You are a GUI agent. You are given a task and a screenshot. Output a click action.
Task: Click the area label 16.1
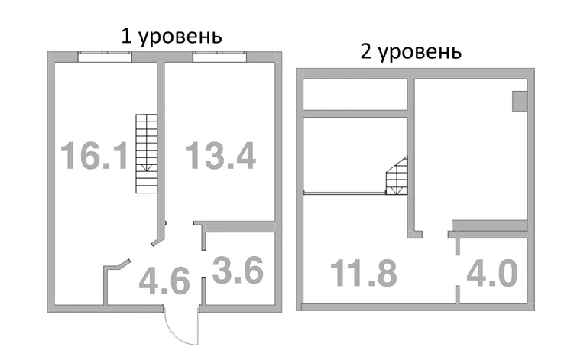[94, 155]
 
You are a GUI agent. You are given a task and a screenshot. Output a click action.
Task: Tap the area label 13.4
[221, 155]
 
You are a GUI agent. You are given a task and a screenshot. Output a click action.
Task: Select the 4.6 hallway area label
[164, 281]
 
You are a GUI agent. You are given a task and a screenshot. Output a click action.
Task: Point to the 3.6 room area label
[238, 270]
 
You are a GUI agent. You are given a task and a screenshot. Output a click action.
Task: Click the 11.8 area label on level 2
[364, 273]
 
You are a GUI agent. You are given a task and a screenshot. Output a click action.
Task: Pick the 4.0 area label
[492, 273]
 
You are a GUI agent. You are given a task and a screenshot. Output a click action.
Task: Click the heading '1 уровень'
[171, 37]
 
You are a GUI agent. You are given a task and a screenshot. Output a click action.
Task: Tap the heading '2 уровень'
[410, 52]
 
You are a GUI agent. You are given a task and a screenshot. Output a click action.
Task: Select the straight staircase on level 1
[147, 154]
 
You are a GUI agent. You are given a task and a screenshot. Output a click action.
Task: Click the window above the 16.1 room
[105, 56]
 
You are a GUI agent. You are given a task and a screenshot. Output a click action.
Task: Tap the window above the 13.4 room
[220, 56]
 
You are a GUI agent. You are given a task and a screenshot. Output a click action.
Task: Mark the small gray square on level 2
[520, 101]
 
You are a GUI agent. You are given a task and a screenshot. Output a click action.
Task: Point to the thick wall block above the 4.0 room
[490, 225]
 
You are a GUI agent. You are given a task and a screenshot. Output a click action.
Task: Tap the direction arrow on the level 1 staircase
[147, 167]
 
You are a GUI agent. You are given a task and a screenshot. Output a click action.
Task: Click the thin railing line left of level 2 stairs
[345, 193]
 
